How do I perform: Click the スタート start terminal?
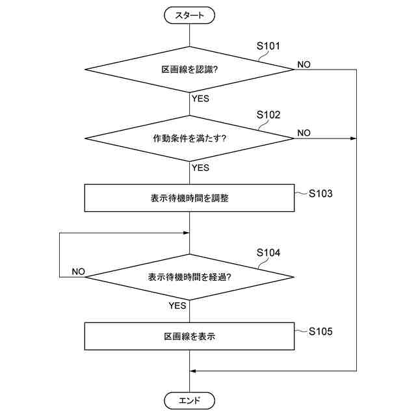click(189, 14)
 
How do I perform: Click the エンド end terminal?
click(189, 400)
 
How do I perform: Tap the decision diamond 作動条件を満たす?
click(189, 138)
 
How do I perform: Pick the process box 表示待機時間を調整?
click(189, 198)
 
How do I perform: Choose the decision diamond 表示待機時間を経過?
click(189, 277)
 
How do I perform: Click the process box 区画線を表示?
click(189, 337)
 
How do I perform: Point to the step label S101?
click(268, 46)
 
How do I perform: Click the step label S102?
click(268, 115)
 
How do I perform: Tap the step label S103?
click(321, 193)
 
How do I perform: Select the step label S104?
click(268, 253)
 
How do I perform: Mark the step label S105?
click(321, 331)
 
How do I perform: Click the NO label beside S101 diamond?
click(304, 64)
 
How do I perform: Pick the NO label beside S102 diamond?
click(304, 133)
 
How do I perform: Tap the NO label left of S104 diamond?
click(78, 271)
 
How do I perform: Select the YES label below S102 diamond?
click(200, 168)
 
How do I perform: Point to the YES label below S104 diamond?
click(178, 305)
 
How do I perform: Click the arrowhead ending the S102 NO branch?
click(354, 138)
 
